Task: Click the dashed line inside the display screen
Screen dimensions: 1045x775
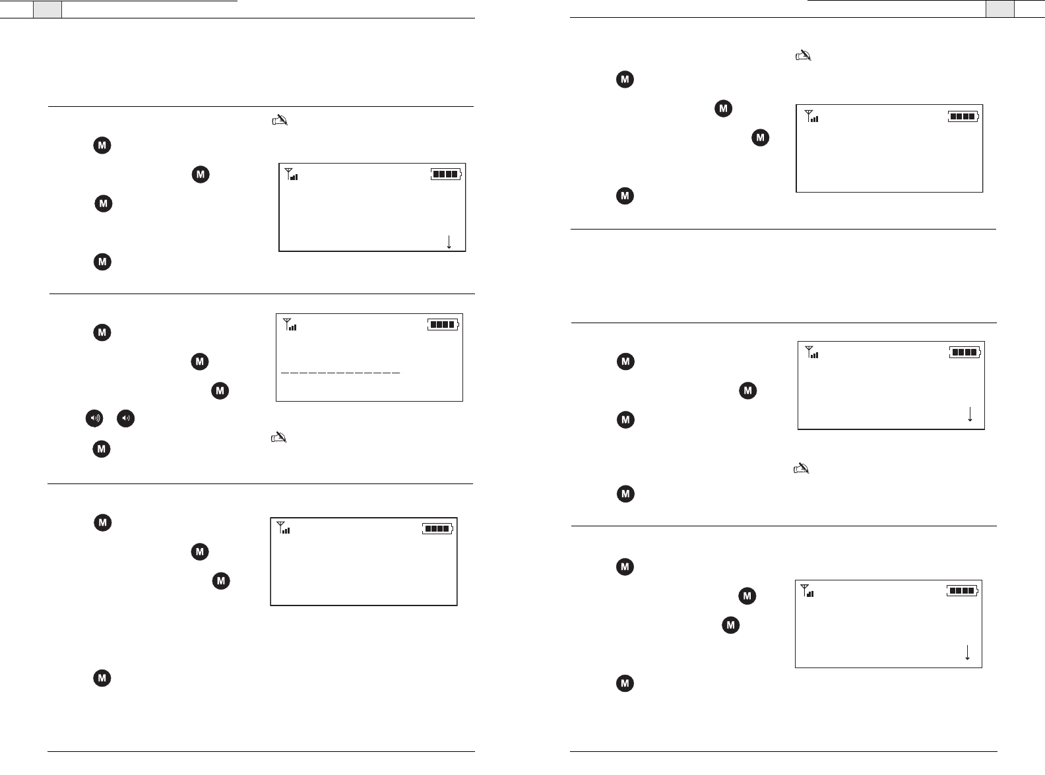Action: [x=340, y=373]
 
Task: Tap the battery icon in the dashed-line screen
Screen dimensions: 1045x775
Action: [x=443, y=325]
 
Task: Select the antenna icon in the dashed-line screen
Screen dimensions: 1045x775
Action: [x=288, y=324]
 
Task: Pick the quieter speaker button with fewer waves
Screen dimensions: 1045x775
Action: [x=126, y=418]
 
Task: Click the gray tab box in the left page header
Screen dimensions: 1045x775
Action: [x=47, y=9]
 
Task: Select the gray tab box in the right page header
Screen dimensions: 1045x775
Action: [x=1000, y=9]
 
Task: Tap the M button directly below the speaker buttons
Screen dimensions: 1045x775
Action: [x=101, y=449]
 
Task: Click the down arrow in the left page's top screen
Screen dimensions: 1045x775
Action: [x=449, y=241]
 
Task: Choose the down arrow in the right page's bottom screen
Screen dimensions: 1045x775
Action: [x=967, y=652]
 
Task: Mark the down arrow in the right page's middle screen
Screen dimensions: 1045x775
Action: [x=970, y=414]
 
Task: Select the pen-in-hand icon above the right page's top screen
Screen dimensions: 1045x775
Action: [x=802, y=56]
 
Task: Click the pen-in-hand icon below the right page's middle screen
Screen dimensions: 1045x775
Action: [x=801, y=469]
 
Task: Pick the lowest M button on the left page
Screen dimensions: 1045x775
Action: [x=102, y=678]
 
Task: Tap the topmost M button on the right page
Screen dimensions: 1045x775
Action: [x=625, y=80]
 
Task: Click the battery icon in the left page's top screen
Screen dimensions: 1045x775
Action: [x=447, y=174]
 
